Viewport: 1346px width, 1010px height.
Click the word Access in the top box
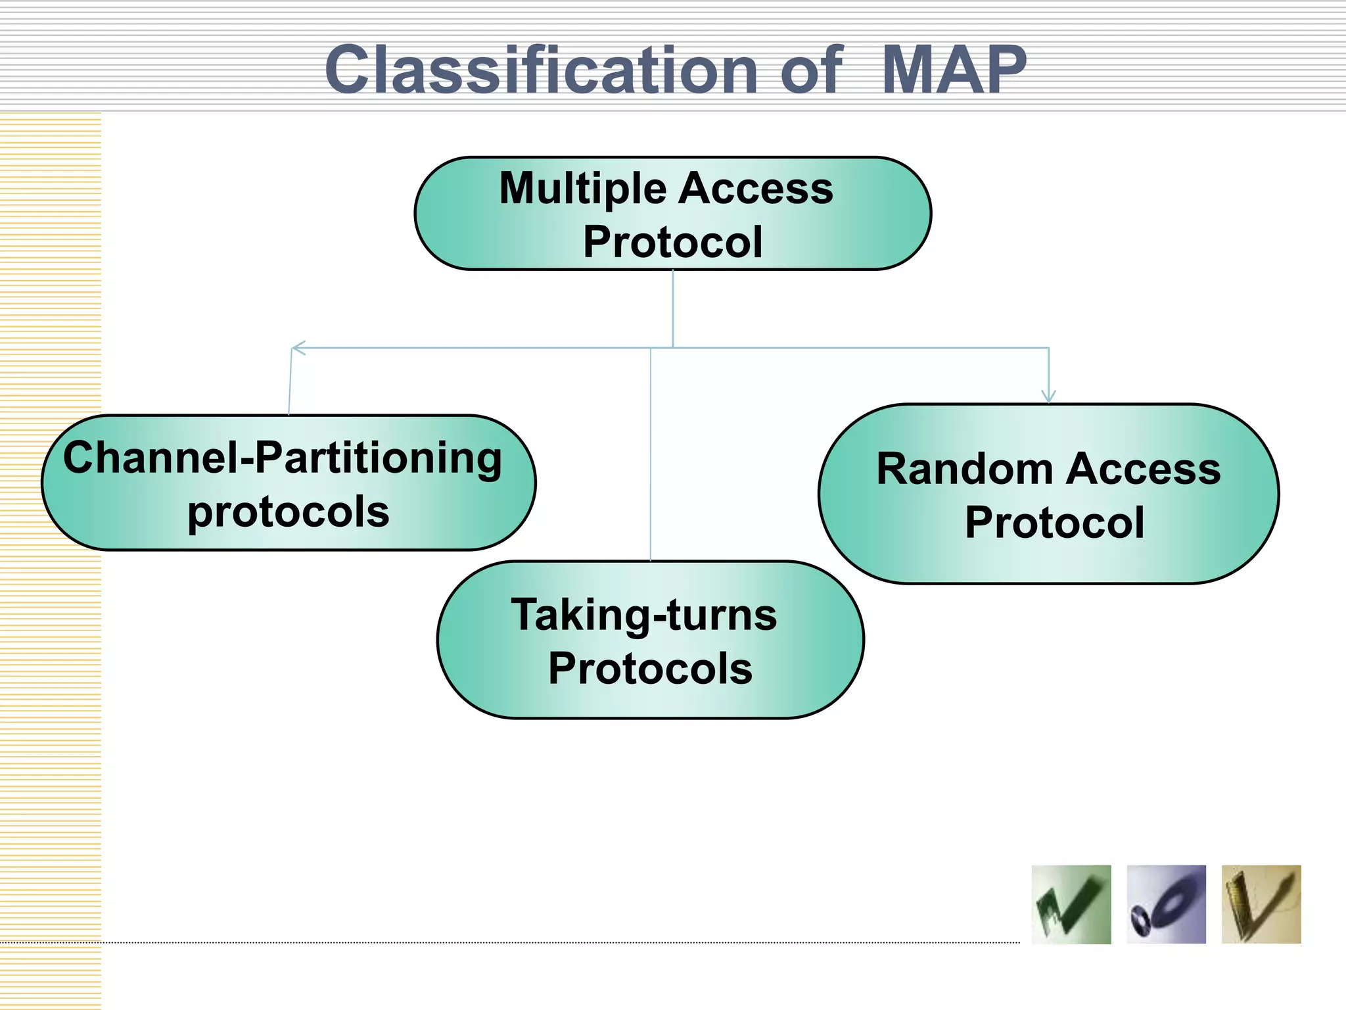click(x=756, y=189)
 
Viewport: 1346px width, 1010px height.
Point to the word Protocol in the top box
click(x=672, y=242)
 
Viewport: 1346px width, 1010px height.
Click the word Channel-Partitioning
click(x=283, y=458)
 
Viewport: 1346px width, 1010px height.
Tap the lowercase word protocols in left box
click(x=288, y=512)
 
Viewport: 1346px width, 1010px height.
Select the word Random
click(x=964, y=469)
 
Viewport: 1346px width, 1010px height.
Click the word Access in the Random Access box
click(x=1143, y=469)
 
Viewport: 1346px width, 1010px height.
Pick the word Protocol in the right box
click(x=1054, y=523)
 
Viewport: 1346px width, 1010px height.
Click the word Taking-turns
click(x=644, y=615)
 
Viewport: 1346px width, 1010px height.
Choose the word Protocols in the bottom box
click(x=650, y=669)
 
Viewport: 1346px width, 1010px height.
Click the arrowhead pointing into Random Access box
click(x=1048, y=396)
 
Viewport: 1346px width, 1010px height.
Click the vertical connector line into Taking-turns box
click(x=651, y=460)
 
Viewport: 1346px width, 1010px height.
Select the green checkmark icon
click(x=1071, y=905)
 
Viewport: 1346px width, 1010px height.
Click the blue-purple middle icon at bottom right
click(x=1166, y=905)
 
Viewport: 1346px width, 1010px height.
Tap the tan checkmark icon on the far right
click(x=1261, y=905)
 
